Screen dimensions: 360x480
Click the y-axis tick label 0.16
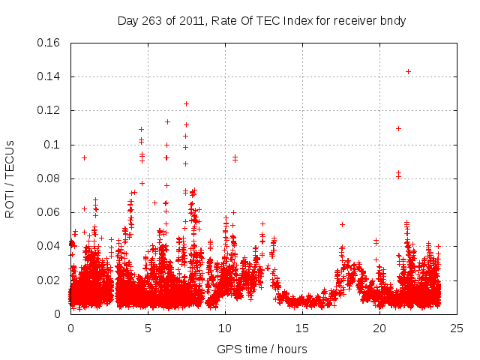pyautogui.click(x=50, y=43)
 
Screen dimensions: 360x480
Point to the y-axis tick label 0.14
pyautogui.click(x=50, y=76)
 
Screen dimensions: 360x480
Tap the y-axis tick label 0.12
pyautogui.click(x=50, y=110)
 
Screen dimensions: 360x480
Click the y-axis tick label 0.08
pyautogui.click(x=50, y=178)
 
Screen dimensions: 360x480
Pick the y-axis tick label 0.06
pyautogui.click(x=50, y=212)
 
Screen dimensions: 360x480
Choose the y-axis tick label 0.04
pyautogui.click(x=50, y=246)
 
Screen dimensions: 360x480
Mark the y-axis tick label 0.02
pyautogui.click(x=50, y=280)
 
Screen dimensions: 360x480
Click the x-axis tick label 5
pyautogui.click(x=148, y=328)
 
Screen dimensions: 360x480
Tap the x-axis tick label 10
pyautogui.click(x=225, y=328)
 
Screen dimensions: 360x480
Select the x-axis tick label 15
pyautogui.click(x=302, y=328)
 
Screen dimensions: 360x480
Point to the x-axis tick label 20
pyautogui.click(x=379, y=328)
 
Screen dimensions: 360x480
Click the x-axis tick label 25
pyautogui.click(x=457, y=328)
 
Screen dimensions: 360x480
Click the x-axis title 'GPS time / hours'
pyautogui.click(x=262, y=349)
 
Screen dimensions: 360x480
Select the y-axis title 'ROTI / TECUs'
pyautogui.click(x=10, y=178)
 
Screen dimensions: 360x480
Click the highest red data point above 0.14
pyautogui.click(x=408, y=72)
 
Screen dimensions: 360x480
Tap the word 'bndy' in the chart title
pyautogui.click(x=393, y=20)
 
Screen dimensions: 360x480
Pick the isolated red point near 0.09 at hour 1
pyautogui.click(x=84, y=157)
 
